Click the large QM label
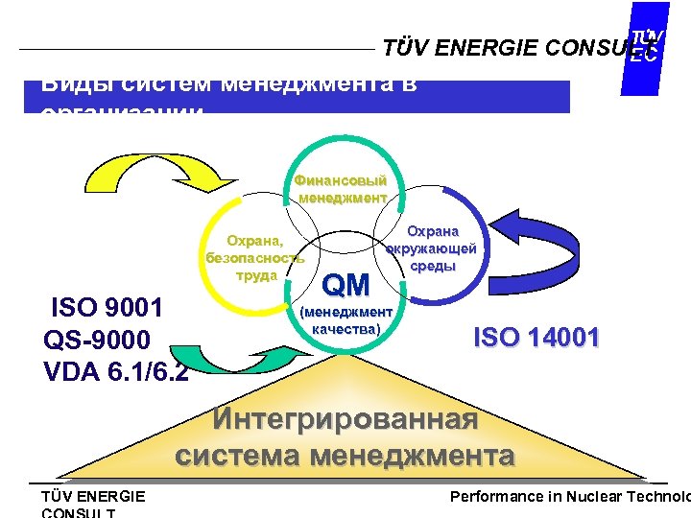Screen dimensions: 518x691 point(345,285)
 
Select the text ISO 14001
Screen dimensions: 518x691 point(537,338)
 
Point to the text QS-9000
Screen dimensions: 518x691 point(97,340)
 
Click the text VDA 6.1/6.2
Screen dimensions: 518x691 point(116,371)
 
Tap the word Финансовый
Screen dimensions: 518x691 point(341,180)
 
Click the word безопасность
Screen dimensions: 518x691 point(255,258)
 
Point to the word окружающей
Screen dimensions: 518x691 point(432,248)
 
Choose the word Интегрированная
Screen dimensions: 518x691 point(345,420)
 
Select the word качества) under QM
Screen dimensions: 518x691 point(346,329)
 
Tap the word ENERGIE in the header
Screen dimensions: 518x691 point(490,48)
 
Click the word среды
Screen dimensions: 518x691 point(433,266)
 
